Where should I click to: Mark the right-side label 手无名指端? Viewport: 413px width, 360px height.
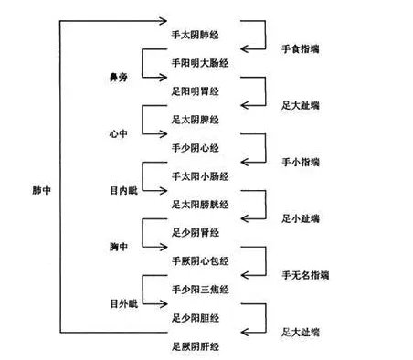pyautogui.click(x=305, y=275)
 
